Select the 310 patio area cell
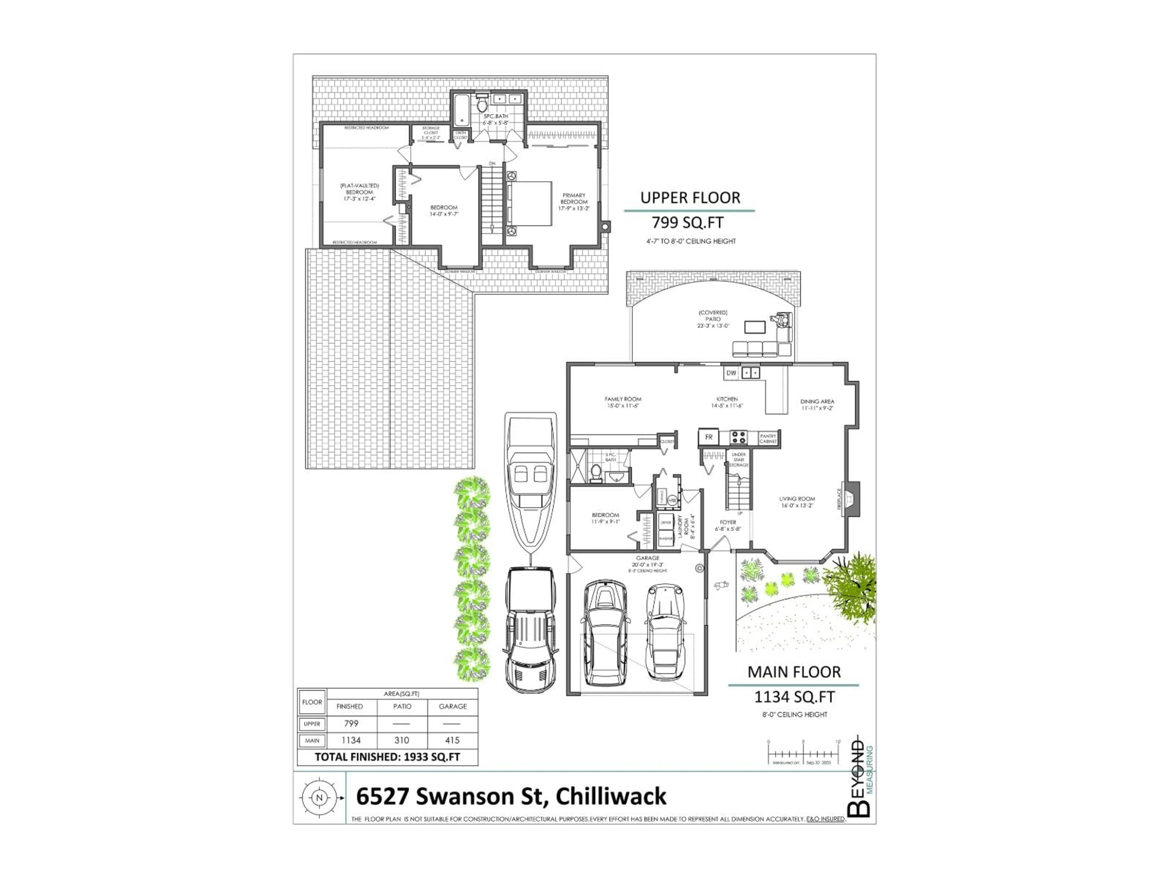402,740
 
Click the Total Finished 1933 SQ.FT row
387,757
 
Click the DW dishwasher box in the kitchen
731,373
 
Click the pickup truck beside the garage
530,629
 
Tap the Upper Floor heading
690,198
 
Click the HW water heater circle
672,500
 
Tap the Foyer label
728,525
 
